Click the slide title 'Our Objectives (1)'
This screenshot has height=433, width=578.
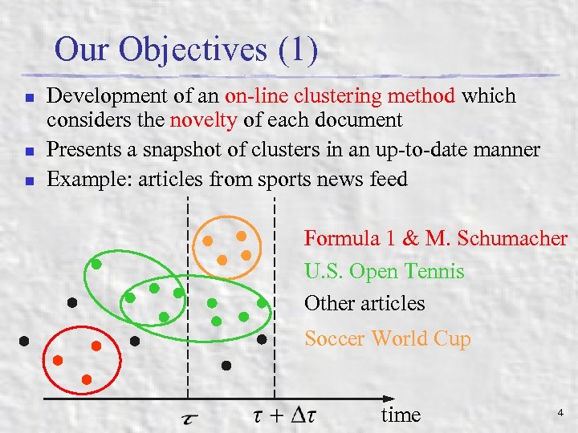186,50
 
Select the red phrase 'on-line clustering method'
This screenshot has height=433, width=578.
340,97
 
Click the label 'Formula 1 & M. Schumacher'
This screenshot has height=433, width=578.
435,238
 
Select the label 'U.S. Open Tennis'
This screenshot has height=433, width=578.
384,272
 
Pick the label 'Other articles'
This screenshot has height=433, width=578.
364,304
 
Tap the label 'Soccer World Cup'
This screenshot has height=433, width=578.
387,339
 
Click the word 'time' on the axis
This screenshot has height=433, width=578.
401,415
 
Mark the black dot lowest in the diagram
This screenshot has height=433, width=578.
226,366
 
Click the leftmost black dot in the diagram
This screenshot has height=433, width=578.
24,340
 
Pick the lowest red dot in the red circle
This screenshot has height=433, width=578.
87,378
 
